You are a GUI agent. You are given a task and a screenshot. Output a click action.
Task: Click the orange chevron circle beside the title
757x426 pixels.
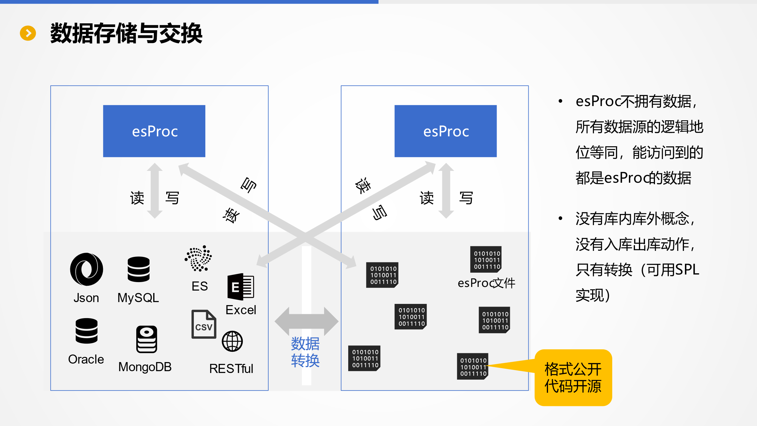[28, 33]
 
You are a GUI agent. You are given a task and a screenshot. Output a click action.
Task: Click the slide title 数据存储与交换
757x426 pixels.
[126, 33]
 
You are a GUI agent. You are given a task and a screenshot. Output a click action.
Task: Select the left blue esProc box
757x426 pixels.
[154, 131]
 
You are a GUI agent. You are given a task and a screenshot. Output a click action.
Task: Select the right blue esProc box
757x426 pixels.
[445, 131]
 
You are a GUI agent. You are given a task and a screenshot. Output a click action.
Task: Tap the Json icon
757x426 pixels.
[87, 269]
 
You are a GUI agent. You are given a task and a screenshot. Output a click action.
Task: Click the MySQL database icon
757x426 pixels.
[138, 269]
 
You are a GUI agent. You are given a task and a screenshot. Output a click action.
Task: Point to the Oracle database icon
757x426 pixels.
[87, 331]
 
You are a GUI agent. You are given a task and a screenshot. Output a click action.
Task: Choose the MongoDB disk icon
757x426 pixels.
[147, 339]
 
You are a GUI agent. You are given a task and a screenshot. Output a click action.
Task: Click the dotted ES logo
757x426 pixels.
[199, 258]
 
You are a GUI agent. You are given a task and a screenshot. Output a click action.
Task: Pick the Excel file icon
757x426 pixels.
[241, 287]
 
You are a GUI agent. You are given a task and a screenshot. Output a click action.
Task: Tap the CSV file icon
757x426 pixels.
[204, 324]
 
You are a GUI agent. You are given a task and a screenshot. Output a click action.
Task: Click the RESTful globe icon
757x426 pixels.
[232, 341]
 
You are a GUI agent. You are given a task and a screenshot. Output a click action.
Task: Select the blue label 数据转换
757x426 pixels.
[305, 352]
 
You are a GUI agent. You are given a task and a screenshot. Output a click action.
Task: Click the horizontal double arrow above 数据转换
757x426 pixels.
[306, 321]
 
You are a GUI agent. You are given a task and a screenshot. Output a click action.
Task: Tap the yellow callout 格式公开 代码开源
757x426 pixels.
[573, 378]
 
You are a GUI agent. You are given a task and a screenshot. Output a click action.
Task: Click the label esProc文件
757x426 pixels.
[486, 283]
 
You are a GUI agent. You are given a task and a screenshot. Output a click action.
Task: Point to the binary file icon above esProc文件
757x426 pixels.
[486, 259]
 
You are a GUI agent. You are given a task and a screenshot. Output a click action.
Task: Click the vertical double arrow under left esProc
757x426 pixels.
[155, 191]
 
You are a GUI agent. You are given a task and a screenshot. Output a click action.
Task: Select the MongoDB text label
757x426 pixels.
[145, 367]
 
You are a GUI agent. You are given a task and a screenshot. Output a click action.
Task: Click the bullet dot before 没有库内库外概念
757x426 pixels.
[560, 218]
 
